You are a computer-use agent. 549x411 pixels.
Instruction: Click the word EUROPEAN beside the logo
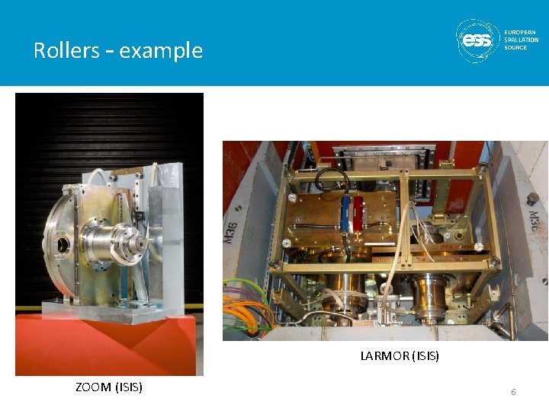[520, 32]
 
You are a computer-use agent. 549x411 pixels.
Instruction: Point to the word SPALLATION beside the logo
[522, 40]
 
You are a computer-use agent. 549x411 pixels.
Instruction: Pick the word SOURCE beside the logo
[515, 47]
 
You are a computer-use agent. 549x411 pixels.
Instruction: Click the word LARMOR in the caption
[384, 355]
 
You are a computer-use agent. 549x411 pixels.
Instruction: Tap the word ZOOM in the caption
[93, 387]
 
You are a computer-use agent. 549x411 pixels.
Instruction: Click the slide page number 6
[513, 391]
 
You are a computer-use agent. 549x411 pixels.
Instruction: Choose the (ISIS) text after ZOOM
[128, 387]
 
